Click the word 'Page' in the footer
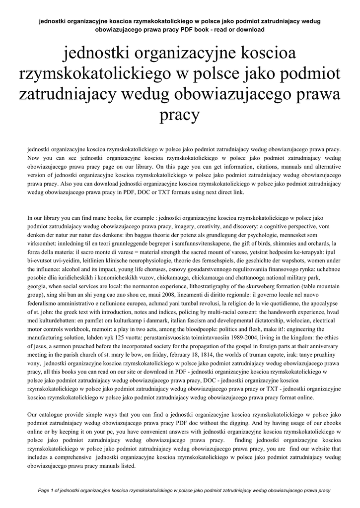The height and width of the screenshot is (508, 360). (x=45, y=491)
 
